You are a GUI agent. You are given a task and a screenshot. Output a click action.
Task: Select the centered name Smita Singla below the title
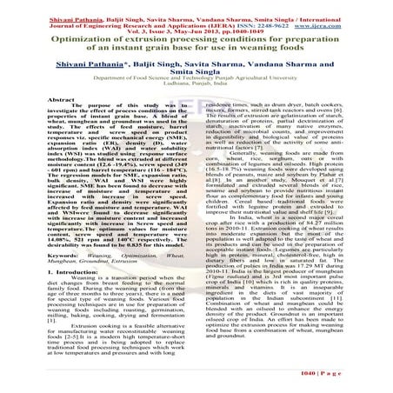[x=196, y=76]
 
